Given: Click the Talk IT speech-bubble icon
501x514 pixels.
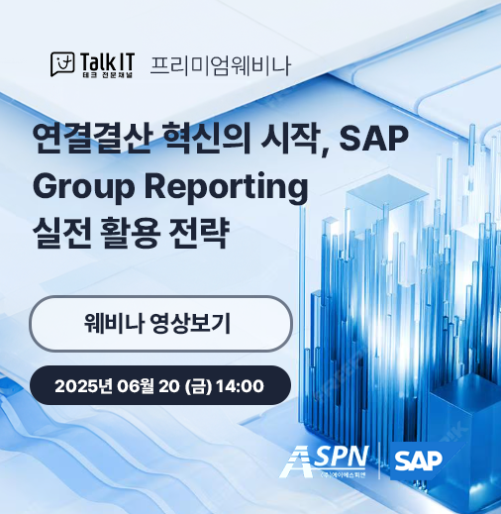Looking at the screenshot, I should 63,65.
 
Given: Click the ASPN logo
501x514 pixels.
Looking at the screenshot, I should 327,459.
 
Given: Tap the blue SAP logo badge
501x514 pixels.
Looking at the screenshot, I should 417,460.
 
